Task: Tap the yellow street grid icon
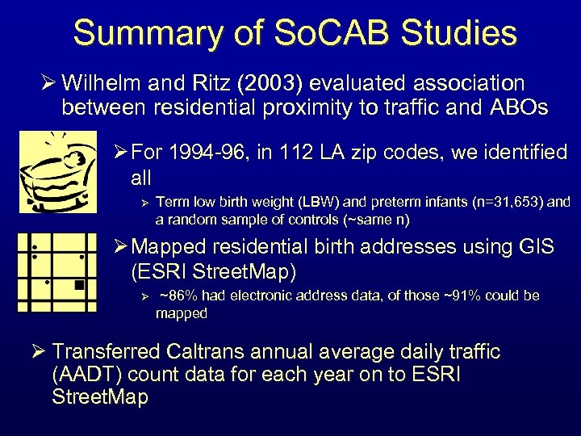57,272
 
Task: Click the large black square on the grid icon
78,284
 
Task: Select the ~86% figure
175,296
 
